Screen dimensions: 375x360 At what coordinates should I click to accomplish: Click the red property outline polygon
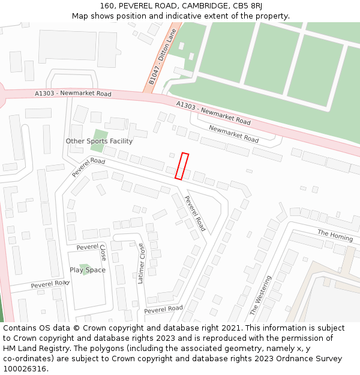[x=182, y=166]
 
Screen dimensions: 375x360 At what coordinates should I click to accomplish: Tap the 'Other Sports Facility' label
[x=99, y=141]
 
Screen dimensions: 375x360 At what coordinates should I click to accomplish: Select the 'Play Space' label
[x=88, y=270]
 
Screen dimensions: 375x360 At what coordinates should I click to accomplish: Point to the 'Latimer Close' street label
[x=141, y=263]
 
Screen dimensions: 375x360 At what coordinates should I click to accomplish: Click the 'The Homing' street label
[x=335, y=235]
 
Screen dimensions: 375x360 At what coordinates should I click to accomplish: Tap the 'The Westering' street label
[x=260, y=295]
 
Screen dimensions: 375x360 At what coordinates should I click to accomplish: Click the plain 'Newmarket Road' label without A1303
[x=233, y=134]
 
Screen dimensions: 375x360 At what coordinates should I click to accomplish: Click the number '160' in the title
[x=107, y=6]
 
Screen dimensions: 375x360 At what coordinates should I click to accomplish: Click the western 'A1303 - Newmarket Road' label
[x=73, y=94]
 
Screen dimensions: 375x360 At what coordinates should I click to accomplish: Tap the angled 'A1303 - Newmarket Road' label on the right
[x=213, y=113]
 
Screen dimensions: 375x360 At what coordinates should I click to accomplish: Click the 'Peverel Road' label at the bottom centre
[x=163, y=309]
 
